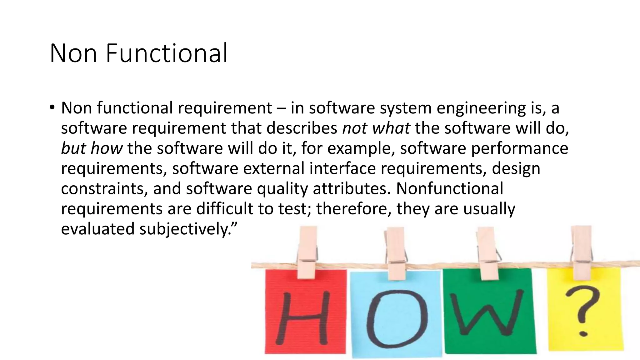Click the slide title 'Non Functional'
(138, 53)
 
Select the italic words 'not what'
(376, 128)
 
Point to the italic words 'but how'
(92, 148)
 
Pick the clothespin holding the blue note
(395, 253)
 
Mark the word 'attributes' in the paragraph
(351, 189)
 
